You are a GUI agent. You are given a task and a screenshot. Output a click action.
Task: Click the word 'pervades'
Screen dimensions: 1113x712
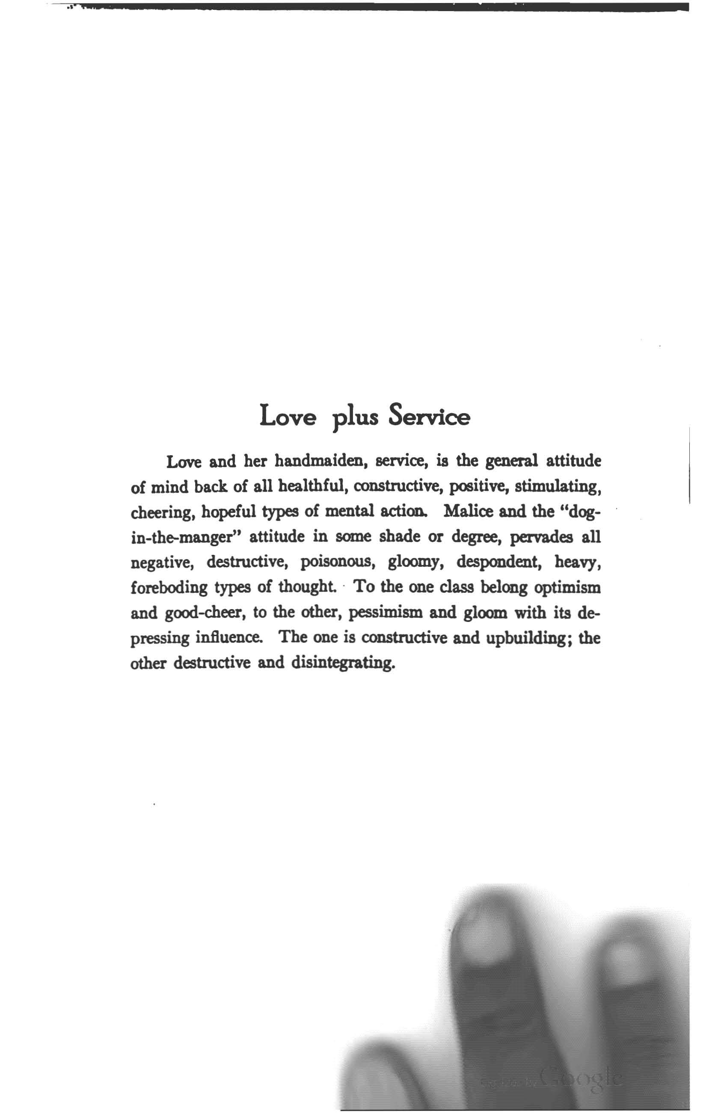[538, 537]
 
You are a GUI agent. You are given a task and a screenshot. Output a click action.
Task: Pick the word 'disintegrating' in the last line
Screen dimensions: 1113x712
[343, 663]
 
